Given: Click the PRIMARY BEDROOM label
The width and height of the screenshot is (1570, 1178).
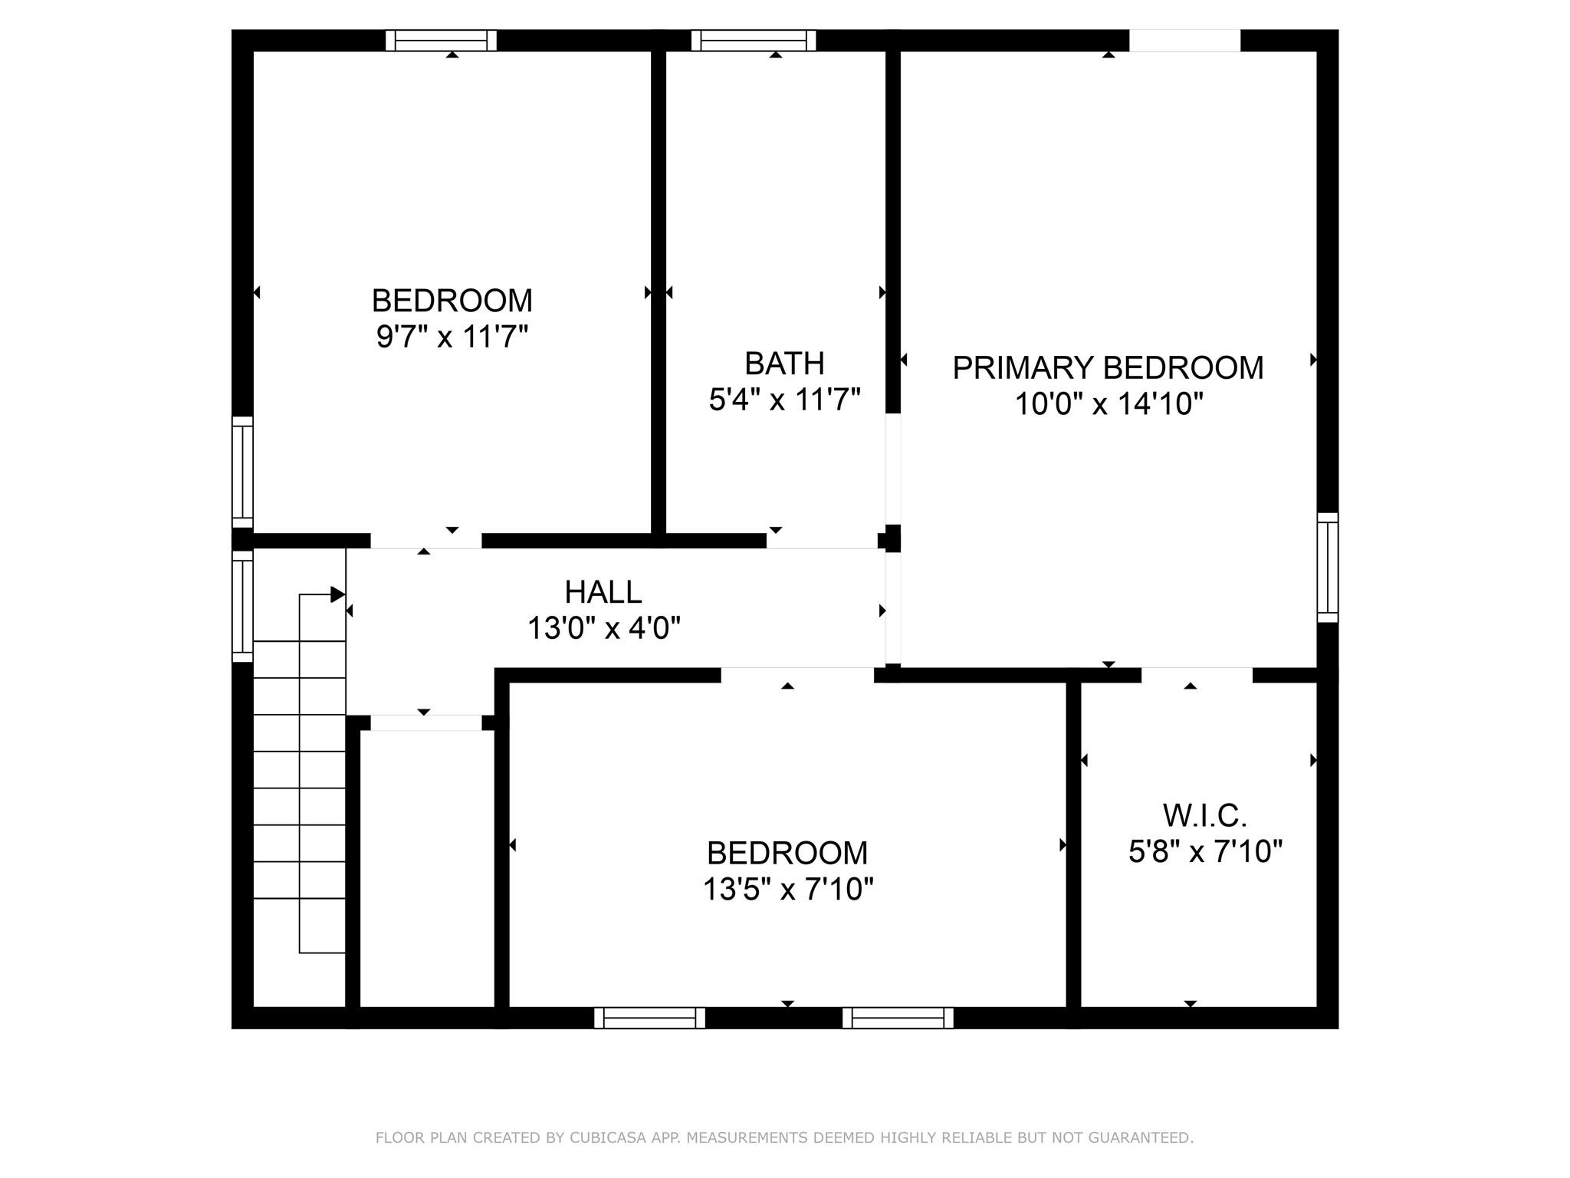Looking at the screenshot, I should [x=1108, y=368].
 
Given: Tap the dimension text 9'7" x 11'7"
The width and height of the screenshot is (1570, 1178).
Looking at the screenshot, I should [x=452, y=337].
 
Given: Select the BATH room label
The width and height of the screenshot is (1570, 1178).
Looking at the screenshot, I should [x=784, y=364].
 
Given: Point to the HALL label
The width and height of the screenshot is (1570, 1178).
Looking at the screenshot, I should [x=603, y=592].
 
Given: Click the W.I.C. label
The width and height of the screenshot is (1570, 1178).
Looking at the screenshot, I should [x=1205, y=816].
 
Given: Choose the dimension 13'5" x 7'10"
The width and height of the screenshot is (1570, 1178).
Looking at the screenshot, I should [x=788, y=890].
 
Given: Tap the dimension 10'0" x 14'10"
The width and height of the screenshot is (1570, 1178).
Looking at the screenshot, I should [x=1109, y=403].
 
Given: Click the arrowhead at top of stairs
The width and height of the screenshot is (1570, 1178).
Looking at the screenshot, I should [x=337, y=594].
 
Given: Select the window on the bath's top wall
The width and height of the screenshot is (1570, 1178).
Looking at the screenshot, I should [x=754, y=41].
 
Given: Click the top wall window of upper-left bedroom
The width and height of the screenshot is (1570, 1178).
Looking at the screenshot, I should [x=441, y=41].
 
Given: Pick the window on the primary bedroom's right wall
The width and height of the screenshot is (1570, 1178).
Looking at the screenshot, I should [x=1328, y=568].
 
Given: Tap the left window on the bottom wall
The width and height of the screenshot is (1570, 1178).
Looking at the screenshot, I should [x=649, y=1018].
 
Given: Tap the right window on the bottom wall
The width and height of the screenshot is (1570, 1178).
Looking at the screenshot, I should [x=898, y=1018].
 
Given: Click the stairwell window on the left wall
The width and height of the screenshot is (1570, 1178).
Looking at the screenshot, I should [x=242, y=606].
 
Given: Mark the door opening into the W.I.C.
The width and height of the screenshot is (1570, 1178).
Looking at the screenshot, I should [x=1197, y=675].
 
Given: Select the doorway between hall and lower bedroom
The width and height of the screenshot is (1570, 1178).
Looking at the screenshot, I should [x=797, y=675].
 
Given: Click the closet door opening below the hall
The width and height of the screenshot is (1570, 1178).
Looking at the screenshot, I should [x=426, y=722].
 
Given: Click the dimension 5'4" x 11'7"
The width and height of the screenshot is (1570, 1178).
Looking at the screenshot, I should [x=784, y=400].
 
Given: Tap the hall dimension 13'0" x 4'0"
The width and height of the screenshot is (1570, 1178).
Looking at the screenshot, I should [x=603, y=629].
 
